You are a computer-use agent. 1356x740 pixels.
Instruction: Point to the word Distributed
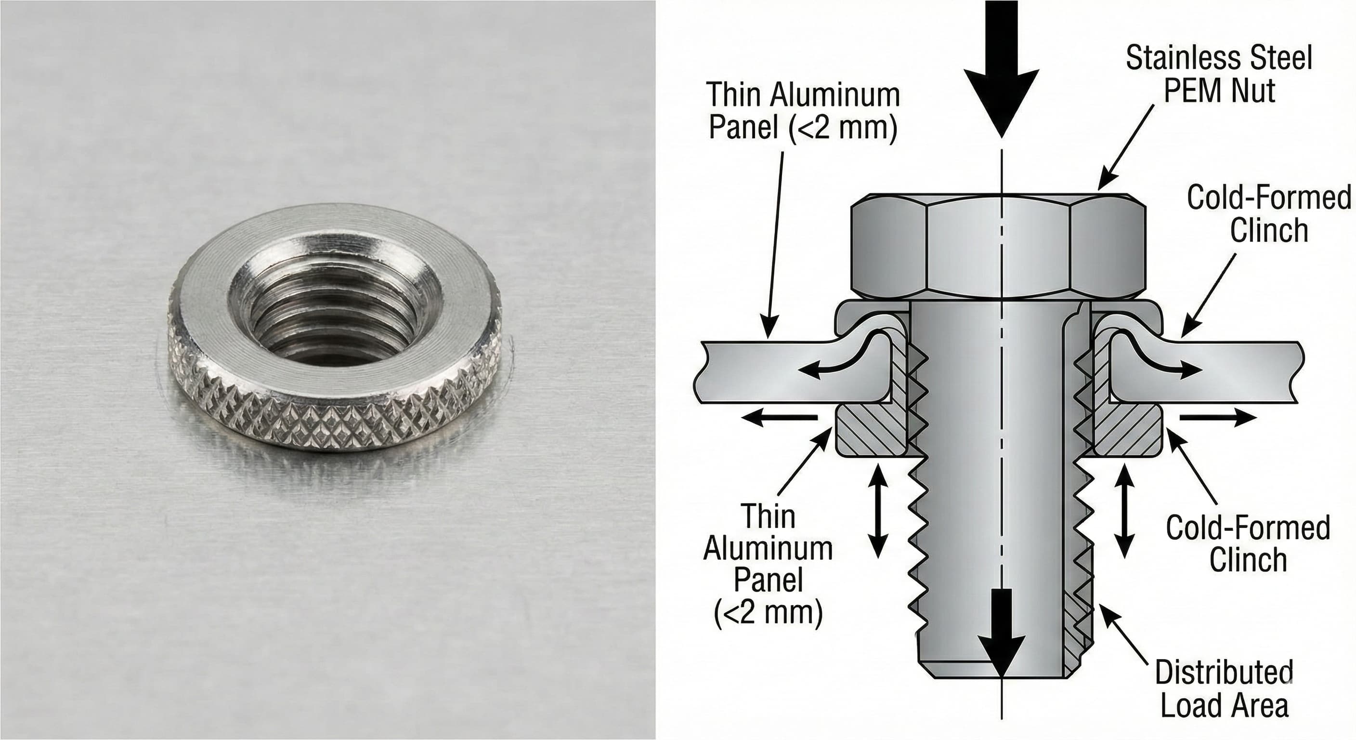point(1224,672)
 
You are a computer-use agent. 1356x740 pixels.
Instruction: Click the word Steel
point(1284,58)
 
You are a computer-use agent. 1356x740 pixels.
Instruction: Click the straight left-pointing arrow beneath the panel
point(779,418)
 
